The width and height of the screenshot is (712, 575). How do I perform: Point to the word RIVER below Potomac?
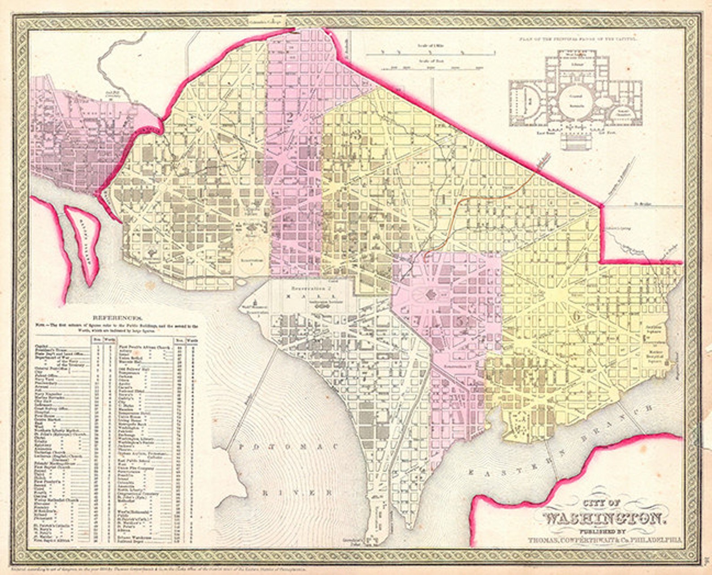coord(298,492)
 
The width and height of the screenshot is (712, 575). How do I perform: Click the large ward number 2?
coord(290,118)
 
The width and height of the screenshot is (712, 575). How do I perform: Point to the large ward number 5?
coord(460,322)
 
